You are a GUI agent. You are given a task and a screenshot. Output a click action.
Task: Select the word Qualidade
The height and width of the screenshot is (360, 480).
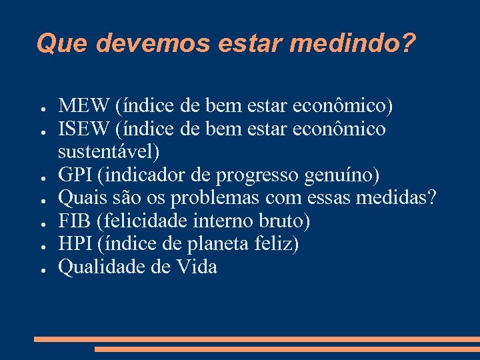coord(101,267)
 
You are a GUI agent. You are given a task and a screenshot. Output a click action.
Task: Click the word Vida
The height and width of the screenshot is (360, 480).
coord(197,267)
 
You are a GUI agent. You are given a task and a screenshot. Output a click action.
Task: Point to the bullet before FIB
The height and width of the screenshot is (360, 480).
coord(41,223)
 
